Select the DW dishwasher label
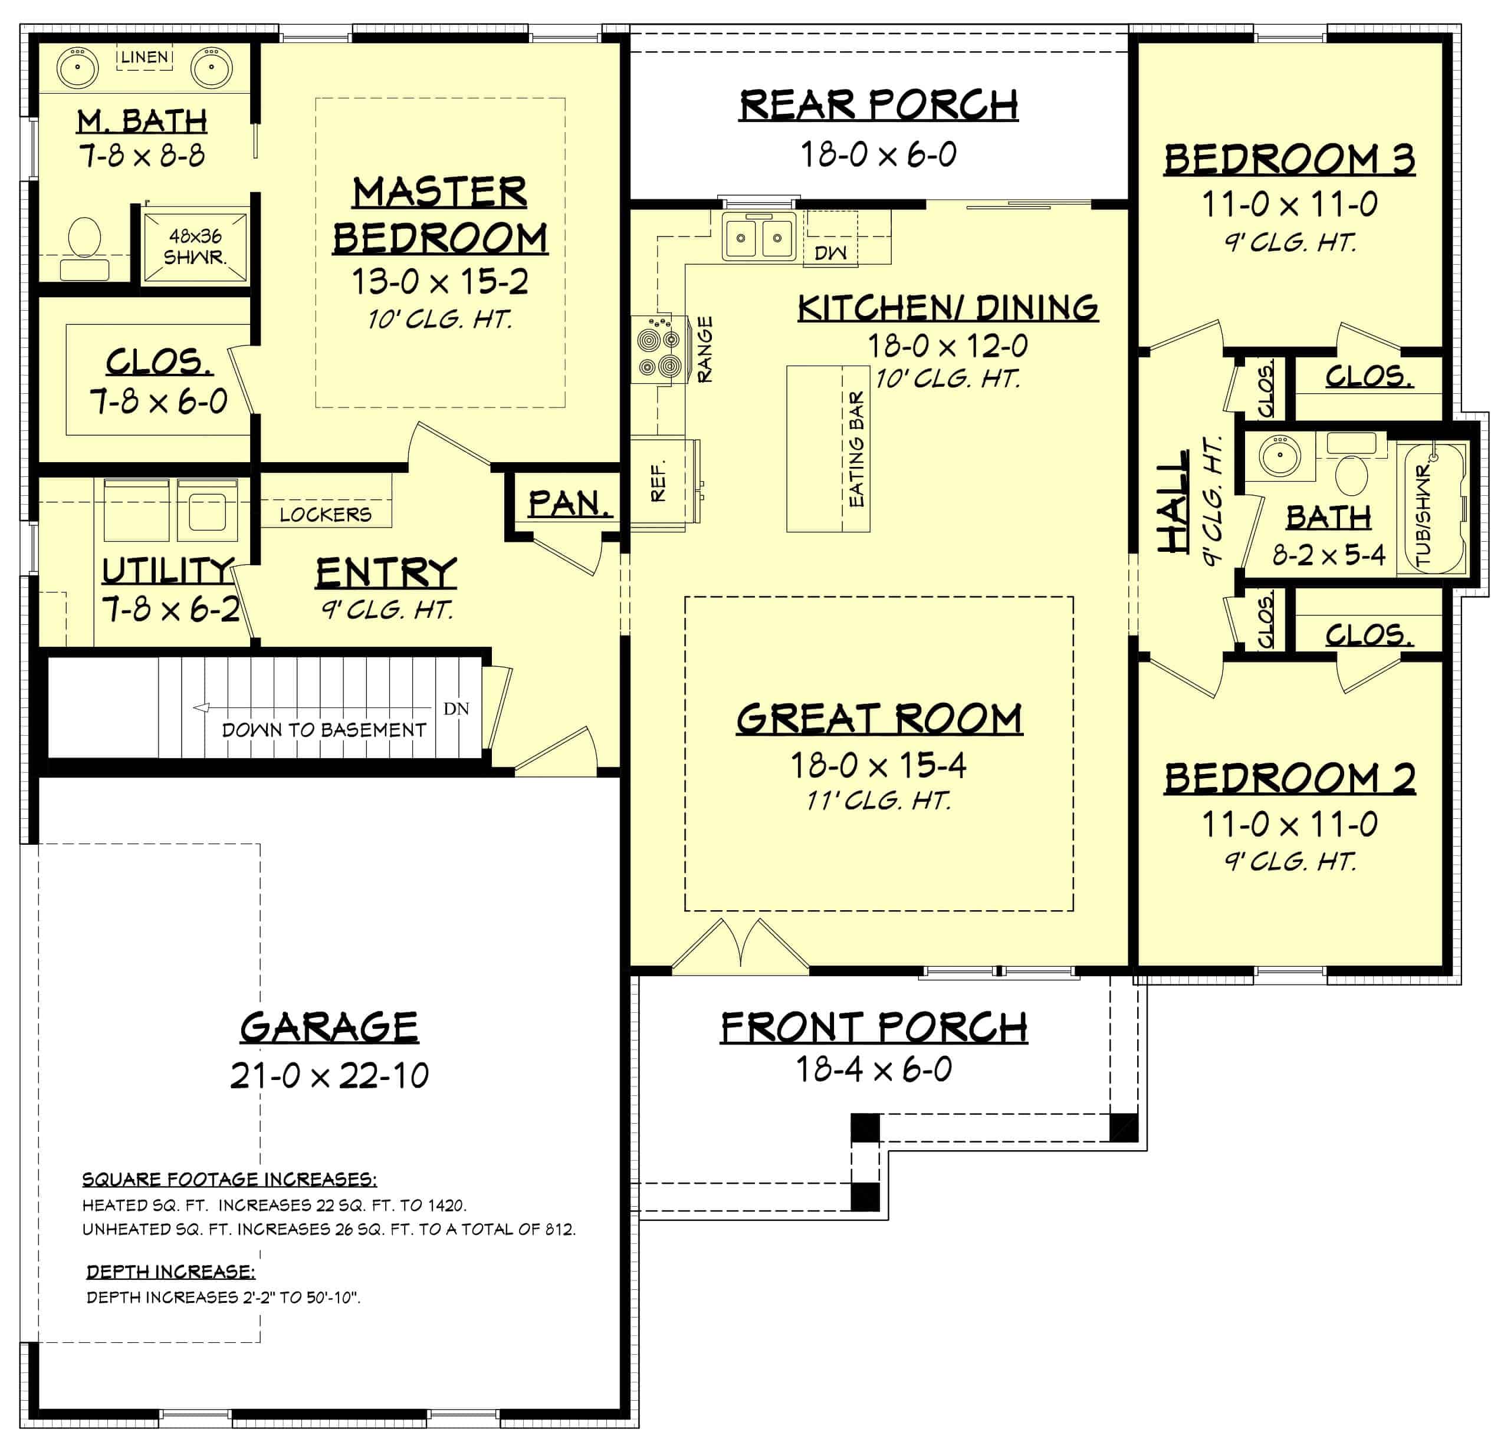point(830,253)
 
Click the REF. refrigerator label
point(658,482)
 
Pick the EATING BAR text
point(856,449)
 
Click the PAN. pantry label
point(569,503)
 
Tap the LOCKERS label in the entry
point(326,514)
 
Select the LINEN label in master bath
point(145,57)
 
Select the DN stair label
point(456,709)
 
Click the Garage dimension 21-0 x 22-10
point(329,1076)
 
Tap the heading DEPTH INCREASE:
point(170,1271)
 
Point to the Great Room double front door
point(740,946)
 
